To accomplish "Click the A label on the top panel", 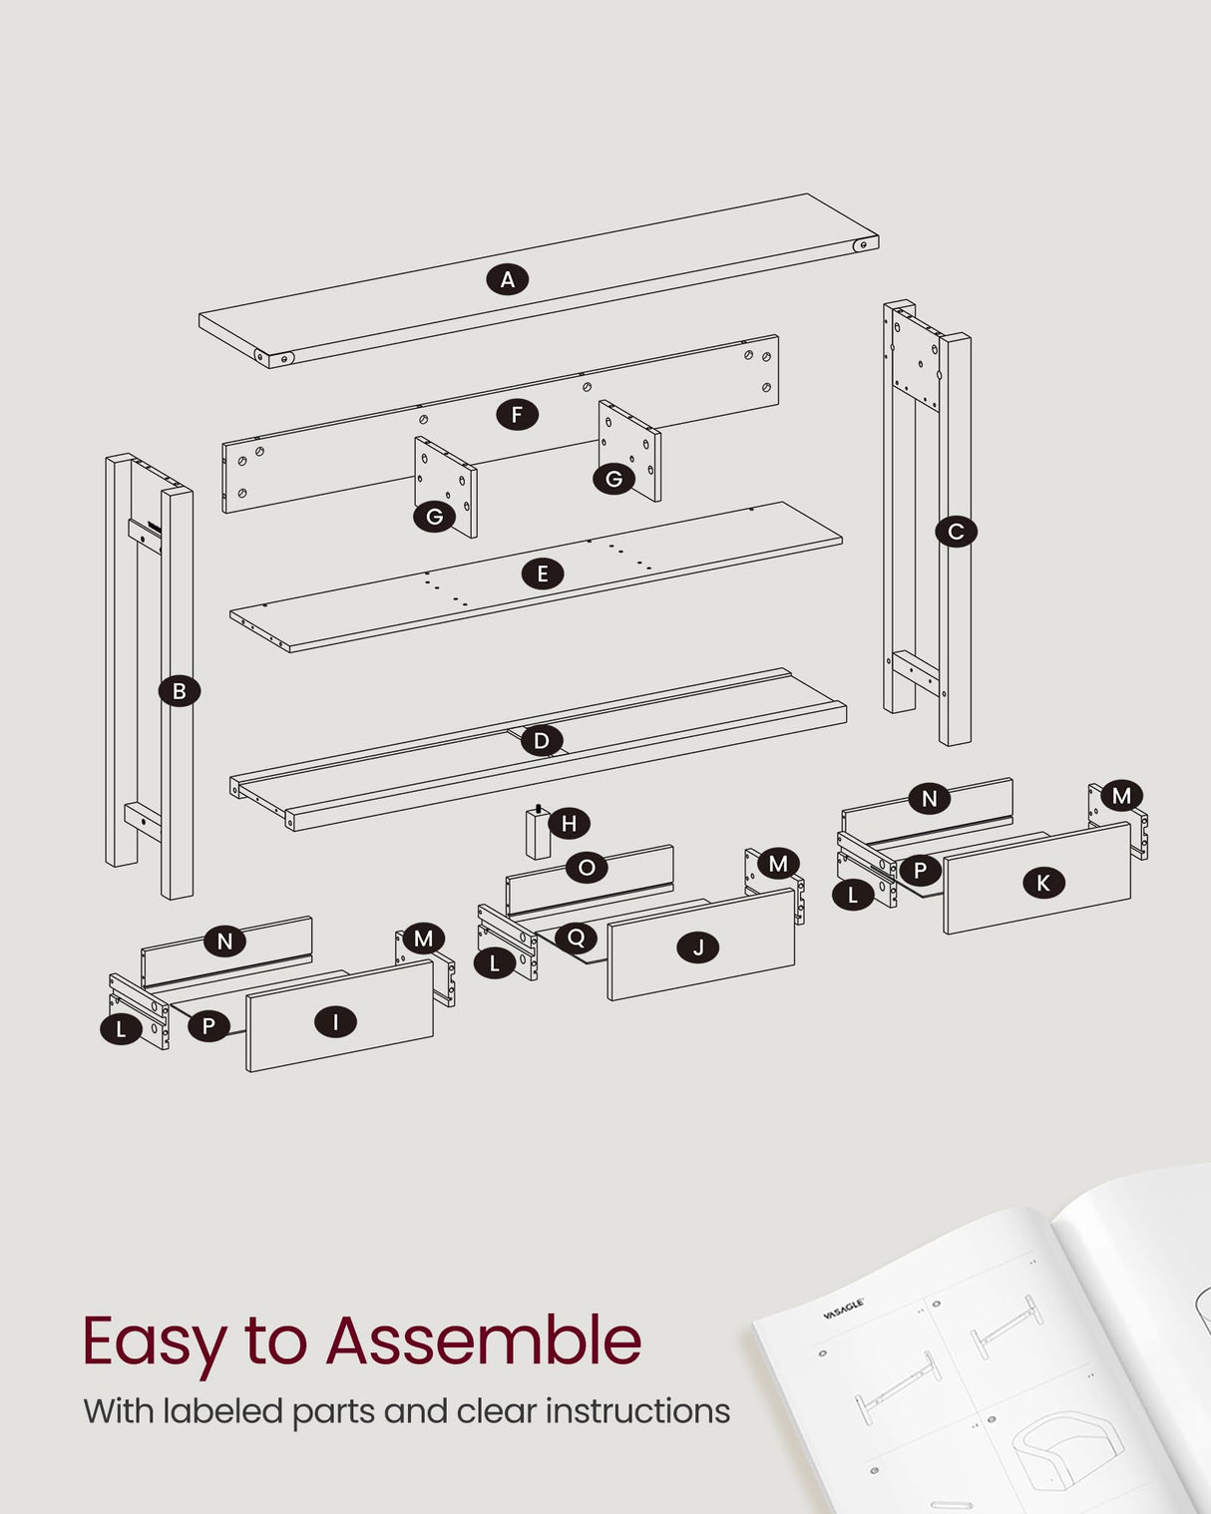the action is (x=508, y=279).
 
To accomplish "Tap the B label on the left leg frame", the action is (x=180, y=691).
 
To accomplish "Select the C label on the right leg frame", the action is (x=956, y=532).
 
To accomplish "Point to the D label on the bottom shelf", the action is (x=541, y=740).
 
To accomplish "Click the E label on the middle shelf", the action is (x=543, y=574).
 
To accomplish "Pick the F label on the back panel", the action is (x=517, y=414).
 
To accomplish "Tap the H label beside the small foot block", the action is (x=570, y=823).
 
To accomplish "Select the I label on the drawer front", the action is (x=335, y=1021).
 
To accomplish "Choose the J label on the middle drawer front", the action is (x=698, y=947).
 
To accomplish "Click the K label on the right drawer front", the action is (x=1043, y=883).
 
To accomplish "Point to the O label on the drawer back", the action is (x=587, y=868).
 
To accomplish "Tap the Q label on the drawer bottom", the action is (x=576, y=938).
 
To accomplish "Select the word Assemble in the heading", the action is (x=484, y=1340).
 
